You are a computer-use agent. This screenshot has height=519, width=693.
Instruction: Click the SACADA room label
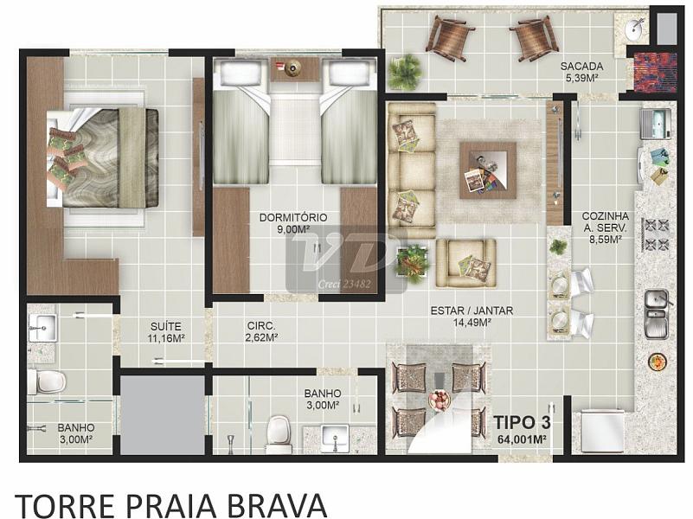pos(581,67)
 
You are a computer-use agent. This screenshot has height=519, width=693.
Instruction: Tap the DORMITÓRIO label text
pos(293,217)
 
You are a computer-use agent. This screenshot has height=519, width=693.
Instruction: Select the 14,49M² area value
pos(472,323)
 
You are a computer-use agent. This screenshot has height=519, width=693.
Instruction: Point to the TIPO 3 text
pos(522,422)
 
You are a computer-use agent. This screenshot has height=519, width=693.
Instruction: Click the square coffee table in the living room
pos(487,170)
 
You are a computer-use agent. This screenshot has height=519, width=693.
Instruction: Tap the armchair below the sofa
pos(465,263)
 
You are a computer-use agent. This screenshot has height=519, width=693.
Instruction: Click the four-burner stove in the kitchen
pos(657,234)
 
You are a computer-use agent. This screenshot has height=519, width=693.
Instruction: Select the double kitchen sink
pos(657,314)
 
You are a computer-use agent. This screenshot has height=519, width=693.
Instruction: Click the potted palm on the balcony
pos(405,72)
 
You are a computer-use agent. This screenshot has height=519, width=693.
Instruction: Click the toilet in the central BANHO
pos(279,433)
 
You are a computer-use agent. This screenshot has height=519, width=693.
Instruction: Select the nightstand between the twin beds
pos(292,69)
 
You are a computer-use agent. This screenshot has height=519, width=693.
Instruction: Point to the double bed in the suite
pos(103,158)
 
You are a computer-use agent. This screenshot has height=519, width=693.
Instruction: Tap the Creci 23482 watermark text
pos(344,285)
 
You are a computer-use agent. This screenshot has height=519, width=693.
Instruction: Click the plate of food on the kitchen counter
pos(658,362)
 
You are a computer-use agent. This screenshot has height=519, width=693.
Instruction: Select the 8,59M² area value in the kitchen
pos(605,239)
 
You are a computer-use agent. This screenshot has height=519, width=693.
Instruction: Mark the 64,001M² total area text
pos(522,439)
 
